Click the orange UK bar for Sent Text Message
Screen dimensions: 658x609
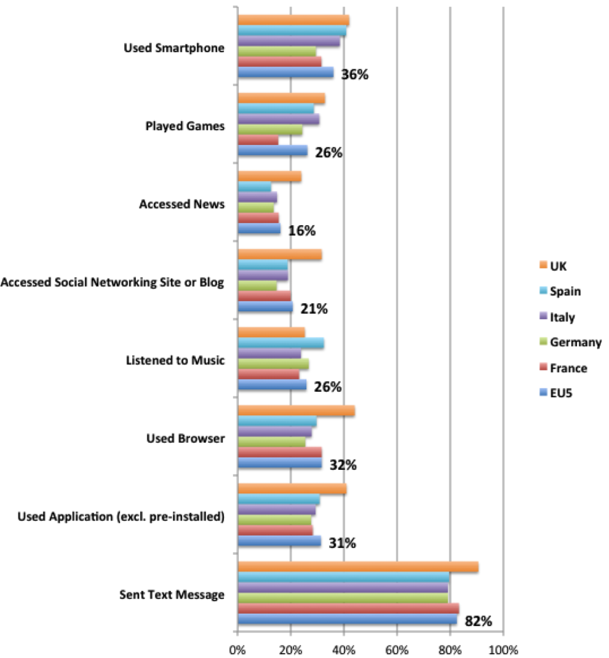coord(357,567)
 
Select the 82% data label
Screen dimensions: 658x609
coord(479,621)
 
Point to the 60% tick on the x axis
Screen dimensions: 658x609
coord(397,649)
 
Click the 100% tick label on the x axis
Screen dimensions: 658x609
coord(503,649)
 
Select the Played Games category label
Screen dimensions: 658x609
coord(185,126)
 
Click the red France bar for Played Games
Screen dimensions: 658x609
coord(258,140)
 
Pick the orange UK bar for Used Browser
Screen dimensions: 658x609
coord(296,411)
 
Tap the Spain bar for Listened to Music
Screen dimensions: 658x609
coord(281,343)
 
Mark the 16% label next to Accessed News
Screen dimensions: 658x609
coord(301,231)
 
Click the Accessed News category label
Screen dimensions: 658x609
coord(181,204)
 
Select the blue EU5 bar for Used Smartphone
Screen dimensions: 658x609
coord(285,73)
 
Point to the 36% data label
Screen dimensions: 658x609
coord(354,75)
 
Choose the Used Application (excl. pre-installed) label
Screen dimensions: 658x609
coord(120,516)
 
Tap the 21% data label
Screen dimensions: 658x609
coord(314,309)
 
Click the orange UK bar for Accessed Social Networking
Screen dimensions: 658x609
coord(280,255)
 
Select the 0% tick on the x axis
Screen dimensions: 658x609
coord(237,649)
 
